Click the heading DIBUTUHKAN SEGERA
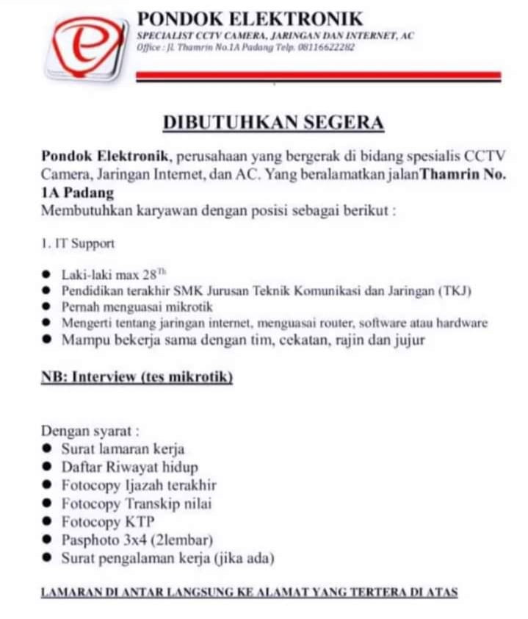pyautogui.click(x=273, y=122)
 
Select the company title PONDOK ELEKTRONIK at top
pyautogui.click(x=250, y=18)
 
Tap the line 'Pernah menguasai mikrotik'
pyautogui.click(x=126, y=307)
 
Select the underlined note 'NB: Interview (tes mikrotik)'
pyautogui.click(x=137, y=377)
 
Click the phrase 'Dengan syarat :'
pyautogui.click(x=90, y=431)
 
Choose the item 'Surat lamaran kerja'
pyautogui.click(x=123, y=448)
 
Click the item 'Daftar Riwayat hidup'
pyautogui.click(x=129, y=467)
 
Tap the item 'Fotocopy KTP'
pyautogui.click(x=108, y=522)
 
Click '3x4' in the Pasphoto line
pyautogui.click(x=136, y=540)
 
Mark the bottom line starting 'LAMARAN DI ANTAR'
pyautogui.click(x=249, y=592)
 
